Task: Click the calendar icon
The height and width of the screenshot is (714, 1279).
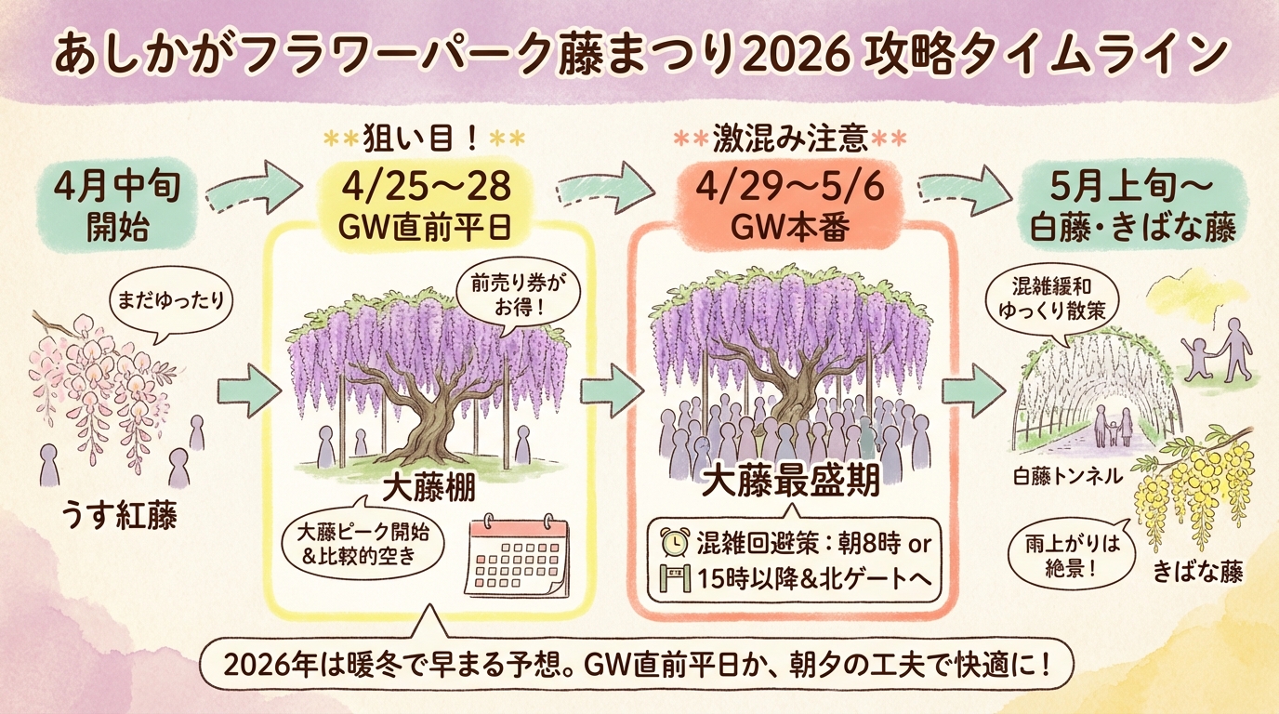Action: pos(518,556)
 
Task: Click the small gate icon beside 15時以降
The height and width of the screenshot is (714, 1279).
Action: pos(674,577)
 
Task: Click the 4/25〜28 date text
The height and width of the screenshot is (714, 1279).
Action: pos(427,187)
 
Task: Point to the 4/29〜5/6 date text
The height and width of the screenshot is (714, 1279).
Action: pos(790,187)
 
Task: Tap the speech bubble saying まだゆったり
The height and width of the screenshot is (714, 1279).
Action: pos(171,304)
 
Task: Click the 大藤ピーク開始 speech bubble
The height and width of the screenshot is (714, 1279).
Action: pos(363,543)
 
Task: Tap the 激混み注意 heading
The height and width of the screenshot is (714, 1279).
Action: pos(790,139)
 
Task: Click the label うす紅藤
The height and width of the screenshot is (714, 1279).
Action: pos(119,515)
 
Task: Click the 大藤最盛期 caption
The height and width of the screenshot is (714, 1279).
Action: pos(790,483)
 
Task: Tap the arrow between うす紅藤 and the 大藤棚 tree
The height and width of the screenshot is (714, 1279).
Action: pos(249,391)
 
